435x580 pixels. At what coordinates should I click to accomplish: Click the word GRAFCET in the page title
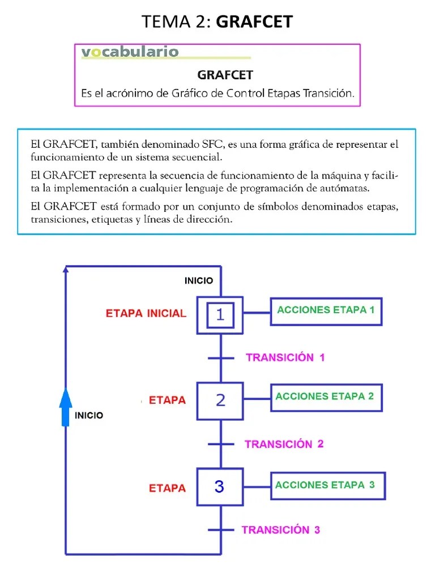[254, 22]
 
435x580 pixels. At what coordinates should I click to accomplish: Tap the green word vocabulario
[130, 53]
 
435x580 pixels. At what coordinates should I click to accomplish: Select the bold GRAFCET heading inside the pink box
[225, 75]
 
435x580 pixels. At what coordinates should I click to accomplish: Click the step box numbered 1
[220, 315]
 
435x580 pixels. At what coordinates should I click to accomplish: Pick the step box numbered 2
[220, 400]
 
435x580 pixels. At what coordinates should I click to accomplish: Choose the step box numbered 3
[220, 487]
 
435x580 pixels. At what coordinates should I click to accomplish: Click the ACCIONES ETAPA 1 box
[326, 311]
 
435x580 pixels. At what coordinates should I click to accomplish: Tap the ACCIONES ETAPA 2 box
[326, 397]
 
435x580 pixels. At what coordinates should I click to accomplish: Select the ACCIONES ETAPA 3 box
[327, 485]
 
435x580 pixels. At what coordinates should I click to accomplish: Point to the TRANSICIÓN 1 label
[285, 357]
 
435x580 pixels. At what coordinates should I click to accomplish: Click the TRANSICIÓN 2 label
[284, 444]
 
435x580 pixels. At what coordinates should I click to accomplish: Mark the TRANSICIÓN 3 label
[281, 530]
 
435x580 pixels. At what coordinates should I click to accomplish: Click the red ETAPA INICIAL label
[146, 313]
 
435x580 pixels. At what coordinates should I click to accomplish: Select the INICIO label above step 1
[199, 280]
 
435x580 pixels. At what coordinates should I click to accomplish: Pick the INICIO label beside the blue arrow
[89, 415]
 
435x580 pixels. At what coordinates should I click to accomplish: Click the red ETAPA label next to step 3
[167, 488]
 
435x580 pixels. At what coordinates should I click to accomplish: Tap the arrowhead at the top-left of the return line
[66, 270]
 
